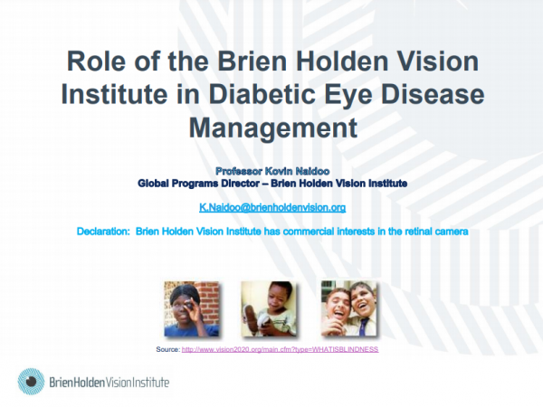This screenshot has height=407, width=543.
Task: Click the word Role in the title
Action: (x=96, y=62)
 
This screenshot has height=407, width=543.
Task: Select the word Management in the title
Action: (x=273, y=128)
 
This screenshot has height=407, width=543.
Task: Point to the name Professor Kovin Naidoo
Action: (x=272, y=171)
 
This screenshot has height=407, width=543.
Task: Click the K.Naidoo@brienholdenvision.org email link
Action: (x=272, y=207)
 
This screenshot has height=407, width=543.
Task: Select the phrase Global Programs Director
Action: (x=198, y=184)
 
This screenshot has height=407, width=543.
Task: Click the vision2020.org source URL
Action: (x=280, y=349)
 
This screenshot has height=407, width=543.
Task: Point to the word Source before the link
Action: (x=168, y=349)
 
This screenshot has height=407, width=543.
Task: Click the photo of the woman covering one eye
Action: (x=192, y=308)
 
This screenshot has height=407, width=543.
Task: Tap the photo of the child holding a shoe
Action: (x=269, y=308)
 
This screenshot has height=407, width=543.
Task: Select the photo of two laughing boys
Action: (x=348, y=308)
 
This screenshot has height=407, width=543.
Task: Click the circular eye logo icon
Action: (x=31, y=382)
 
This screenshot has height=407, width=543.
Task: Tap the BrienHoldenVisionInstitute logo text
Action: (x=110, y=382)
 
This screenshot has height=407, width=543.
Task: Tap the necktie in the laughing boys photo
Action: (x=363, y=327)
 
